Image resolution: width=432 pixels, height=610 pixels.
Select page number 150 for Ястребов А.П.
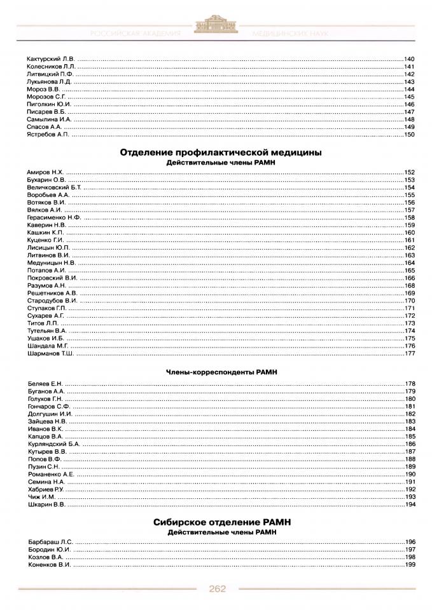click(409, 135)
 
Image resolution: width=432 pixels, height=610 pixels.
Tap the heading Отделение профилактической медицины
click(220, 152)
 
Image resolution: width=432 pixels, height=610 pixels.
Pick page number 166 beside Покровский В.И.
click(409, 278)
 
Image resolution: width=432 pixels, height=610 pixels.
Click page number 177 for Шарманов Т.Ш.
click(409, 353)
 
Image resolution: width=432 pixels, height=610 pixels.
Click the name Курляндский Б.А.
click(54, 444)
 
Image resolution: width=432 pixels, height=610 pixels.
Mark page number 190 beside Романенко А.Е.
click(409, 474)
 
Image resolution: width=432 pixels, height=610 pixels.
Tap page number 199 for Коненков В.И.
click(409, 564)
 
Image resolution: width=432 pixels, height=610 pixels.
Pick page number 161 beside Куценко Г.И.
click(409, 240)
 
